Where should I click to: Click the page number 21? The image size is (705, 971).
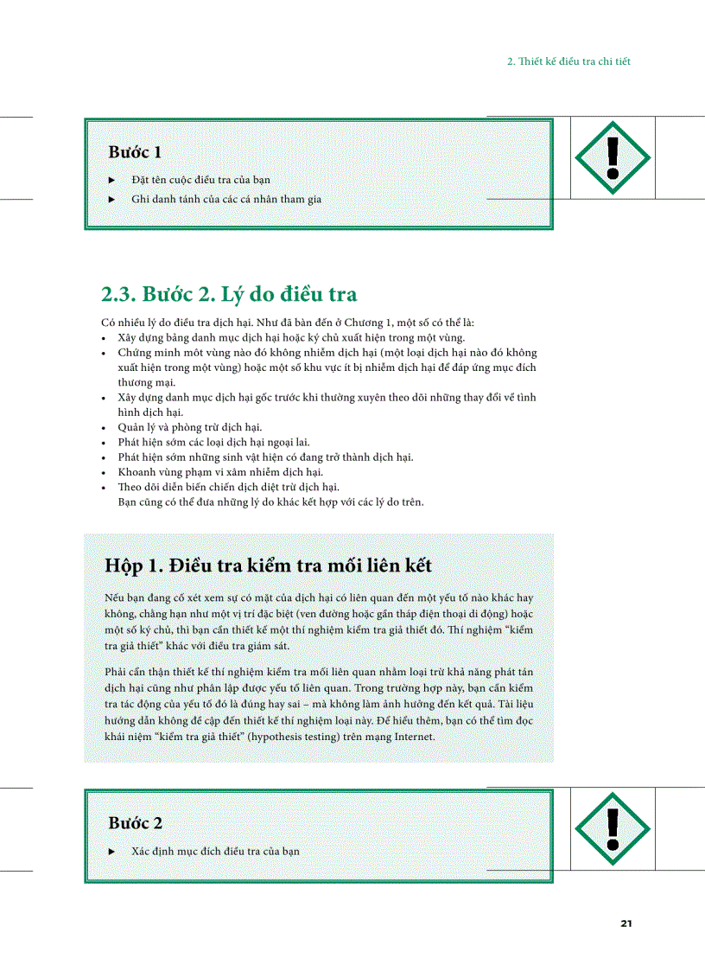(x=626, y=923)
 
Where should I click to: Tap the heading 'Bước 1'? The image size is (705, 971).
(x=135, y=152)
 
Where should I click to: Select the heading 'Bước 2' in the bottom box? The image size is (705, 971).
(x=135, y=823)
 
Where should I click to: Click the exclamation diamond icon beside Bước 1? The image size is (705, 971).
(x=613, y=157)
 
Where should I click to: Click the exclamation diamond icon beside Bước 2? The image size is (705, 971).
(x=613, y=827)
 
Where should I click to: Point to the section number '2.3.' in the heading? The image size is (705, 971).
(x=119, y=294)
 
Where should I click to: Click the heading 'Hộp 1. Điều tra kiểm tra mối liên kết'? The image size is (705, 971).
(x=268, y=565)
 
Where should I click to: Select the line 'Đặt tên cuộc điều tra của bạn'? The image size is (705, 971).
(x=200, y=180)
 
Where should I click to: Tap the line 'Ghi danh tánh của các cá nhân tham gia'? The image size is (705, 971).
(x=225, y=199)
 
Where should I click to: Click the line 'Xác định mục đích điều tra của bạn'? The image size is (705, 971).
(x=215, y=851)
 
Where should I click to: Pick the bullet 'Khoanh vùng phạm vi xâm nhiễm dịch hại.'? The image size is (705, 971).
(x=219, y=471)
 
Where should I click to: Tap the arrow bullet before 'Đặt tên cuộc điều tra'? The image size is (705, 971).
(x=111, y=180)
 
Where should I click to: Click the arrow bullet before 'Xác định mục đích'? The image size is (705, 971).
(x=111, y=851)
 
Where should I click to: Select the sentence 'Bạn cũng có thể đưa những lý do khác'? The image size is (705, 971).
(x=270, y=501)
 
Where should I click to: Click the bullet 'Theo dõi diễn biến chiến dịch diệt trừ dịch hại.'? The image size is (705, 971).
(x=228, y=487)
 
